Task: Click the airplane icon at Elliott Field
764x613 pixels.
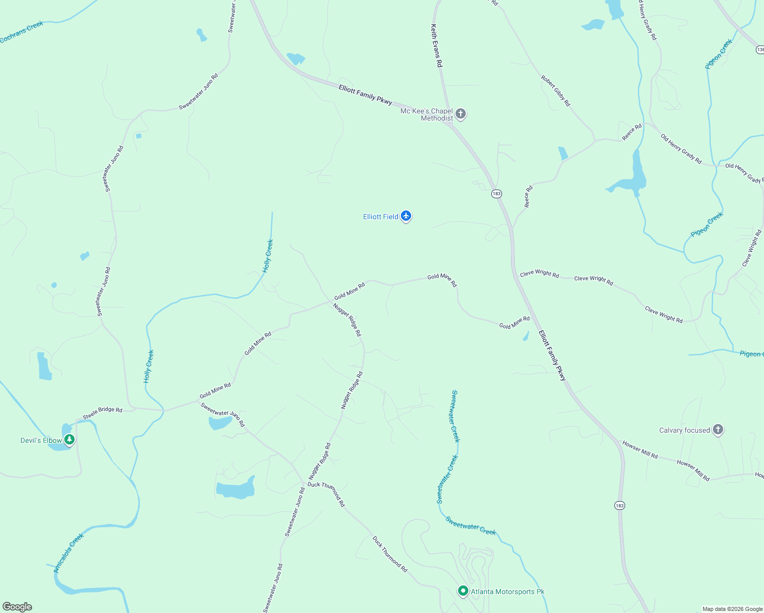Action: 406,216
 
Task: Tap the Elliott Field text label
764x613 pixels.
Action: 380,217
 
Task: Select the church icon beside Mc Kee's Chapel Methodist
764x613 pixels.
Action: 461,113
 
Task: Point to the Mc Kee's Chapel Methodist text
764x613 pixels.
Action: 427,114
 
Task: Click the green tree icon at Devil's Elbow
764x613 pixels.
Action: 69,439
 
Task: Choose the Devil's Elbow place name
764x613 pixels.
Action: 41,440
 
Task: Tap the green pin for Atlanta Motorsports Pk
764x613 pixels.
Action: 463,591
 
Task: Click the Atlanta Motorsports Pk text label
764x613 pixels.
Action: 508,592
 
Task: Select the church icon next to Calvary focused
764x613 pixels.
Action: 718,429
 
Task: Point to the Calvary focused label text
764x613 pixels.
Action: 684,430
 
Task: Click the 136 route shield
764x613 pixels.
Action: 760,50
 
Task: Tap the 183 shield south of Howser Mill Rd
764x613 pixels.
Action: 619,506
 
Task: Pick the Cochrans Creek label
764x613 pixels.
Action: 21,32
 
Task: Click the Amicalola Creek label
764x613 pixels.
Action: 69,553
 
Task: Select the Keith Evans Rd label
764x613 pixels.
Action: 437,46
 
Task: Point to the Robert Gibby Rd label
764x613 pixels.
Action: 556,91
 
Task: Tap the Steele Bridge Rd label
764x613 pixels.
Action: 103,413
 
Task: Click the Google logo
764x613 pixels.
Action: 17,607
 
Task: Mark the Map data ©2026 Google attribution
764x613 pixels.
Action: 732,609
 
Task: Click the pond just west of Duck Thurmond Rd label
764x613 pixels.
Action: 235,489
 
